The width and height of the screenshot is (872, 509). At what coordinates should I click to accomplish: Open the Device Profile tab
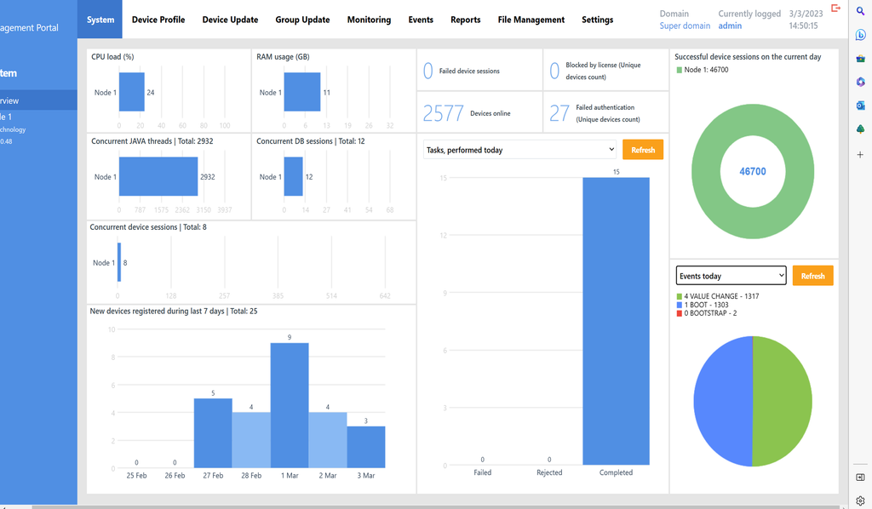point(158,20)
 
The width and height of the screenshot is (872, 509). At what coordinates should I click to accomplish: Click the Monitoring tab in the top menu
point(369,20)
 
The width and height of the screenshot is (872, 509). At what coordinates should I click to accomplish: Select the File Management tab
point(531,20)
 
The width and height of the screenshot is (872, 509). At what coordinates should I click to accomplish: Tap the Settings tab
point(597,20)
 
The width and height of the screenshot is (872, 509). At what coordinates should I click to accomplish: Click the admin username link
point(730,26)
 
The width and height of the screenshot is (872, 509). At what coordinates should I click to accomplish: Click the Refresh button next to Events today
point(812,276)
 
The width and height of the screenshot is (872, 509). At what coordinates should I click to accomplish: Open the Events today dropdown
point(731,276)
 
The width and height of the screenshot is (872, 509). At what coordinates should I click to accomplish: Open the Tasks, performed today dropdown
point(519,150)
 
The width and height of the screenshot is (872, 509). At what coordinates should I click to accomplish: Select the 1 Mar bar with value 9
point(290,405)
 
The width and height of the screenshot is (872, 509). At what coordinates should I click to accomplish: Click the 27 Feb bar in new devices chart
point(213,433)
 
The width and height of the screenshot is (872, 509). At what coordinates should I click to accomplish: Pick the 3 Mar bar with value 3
point(366,447)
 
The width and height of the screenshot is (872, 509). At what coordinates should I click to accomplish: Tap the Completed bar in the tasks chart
point(616,322)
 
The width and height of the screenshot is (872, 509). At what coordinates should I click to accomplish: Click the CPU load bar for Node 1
point(132,92)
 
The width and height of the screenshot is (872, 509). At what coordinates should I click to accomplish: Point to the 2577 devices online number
point(443,113)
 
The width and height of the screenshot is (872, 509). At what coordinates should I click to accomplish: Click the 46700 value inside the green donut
point(753,171)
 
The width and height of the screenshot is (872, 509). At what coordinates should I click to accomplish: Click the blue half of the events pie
point(722,401)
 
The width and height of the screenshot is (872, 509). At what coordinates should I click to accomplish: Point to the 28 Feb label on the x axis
point(251,476)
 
